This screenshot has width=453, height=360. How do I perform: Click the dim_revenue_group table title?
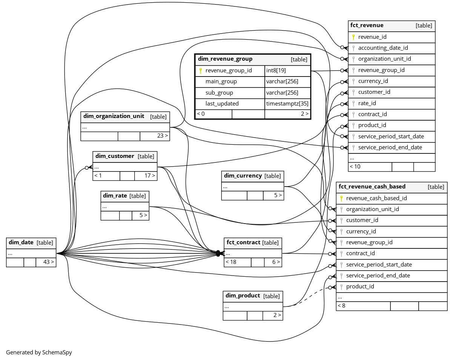pos(225,59)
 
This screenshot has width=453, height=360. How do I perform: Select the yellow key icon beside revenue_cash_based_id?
pos(341,198)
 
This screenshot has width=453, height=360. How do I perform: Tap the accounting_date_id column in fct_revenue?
pos(383,48)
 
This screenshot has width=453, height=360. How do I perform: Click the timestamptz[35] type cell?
pos(287,104)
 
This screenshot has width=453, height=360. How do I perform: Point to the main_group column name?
pos(221,81)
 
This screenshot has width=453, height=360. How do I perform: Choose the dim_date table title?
pos(21,243)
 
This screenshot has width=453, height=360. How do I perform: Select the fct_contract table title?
pos(242,243)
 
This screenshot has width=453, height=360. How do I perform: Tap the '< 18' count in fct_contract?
pos(231,262)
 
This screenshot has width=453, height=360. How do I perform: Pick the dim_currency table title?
pos(243,176)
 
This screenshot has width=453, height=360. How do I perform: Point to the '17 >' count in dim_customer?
pos(150,176)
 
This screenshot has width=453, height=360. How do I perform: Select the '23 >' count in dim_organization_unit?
pos(163,136)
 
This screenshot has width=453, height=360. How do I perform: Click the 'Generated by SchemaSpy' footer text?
pos(39,352)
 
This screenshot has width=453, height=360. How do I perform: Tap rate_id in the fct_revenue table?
pos(367,103)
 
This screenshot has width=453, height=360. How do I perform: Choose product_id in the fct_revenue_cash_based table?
pos(360,286)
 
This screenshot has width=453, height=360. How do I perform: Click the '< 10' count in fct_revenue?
pos(355,167)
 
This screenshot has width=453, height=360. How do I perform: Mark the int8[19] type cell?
pos(276,70)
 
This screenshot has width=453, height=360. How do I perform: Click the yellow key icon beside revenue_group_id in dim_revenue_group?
pos(201,70)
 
